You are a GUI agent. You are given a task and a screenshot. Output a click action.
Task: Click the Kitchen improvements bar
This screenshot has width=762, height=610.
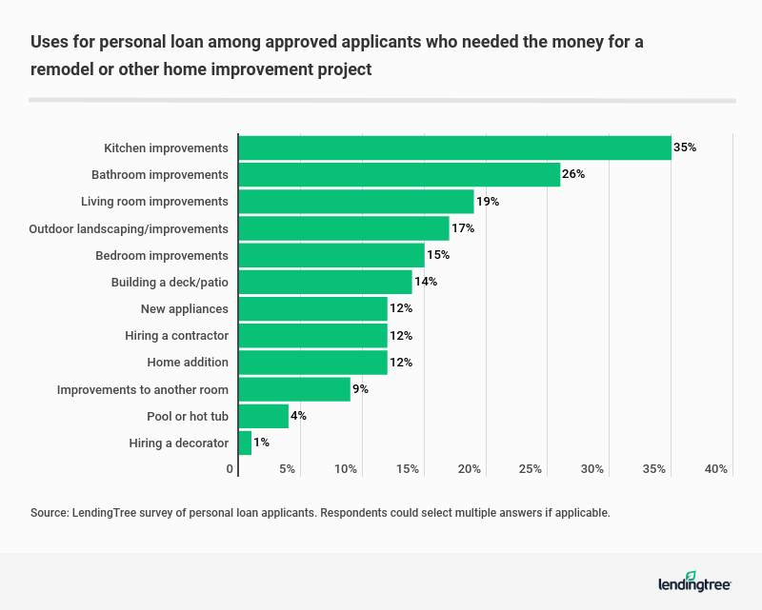(x=454, y=148)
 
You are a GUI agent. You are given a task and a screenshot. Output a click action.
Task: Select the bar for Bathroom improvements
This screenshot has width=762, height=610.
(x=399, y=174)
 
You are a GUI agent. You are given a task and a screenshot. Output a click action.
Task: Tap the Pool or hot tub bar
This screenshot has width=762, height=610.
(x=263, y=416)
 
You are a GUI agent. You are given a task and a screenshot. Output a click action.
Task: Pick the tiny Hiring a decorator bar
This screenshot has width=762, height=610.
(x=245, y=443)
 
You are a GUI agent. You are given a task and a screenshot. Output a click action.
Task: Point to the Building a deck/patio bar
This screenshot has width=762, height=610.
(x=325, y=282)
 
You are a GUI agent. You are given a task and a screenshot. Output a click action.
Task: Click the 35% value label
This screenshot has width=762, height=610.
(x=685, y=148)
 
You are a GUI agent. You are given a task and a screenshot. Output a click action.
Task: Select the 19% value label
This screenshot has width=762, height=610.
(x=488, y=202)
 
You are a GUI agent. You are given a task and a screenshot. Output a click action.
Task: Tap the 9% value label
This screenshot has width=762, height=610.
(x=361, y=389)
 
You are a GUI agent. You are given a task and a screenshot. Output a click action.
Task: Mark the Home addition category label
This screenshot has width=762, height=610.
(x=188, y=363)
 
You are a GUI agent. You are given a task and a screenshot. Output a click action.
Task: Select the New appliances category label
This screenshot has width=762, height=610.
(x=184, y=308)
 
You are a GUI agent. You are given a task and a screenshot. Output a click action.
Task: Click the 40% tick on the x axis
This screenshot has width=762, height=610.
(x=716, y=469)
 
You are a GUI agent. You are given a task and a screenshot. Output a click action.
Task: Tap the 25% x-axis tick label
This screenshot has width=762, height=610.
(x=531, y=469)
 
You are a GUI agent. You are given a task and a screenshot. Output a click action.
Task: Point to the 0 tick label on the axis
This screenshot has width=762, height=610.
(x=231, y=469)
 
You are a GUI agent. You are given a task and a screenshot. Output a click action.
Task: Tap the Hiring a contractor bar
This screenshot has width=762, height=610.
(x=312, y=335)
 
